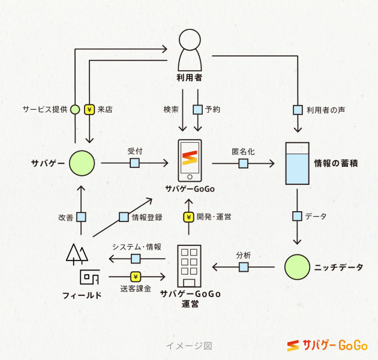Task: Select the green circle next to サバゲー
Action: point(81,163)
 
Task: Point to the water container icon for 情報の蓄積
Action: point(296,163)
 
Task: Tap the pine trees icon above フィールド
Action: point(75,254)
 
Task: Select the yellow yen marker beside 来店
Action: point(89,110)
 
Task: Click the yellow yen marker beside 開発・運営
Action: point(189,217)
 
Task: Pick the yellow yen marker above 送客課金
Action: point(136,277)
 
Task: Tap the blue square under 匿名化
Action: point(243,163)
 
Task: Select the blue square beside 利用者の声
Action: point(297,110)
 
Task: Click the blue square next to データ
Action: point(296,216)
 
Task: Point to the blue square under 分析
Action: point(243,267)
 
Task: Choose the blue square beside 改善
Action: point(81,217)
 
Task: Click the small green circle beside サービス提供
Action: point(74,110)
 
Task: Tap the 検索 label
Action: point(171,110)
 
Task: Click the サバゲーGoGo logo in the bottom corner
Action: point(327,346)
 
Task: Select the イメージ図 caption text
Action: point(189,346)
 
